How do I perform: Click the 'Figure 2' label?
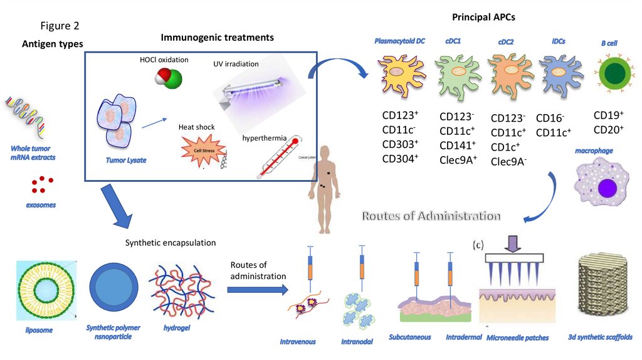click(x=60, y=26)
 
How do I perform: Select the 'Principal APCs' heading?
click(x=484, y=16)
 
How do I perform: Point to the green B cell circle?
click(x=609, y=74)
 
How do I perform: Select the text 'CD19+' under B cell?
click(x=608, y=115)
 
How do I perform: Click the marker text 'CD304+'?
click(x=400, y=159)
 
